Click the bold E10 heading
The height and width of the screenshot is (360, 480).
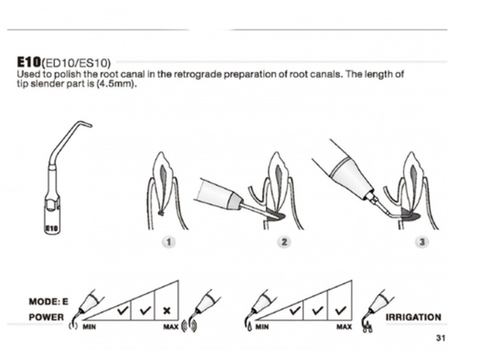29,62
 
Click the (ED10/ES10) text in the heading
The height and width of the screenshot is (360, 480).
76,63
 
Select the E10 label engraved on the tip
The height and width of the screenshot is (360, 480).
51,228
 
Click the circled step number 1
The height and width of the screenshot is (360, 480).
169,242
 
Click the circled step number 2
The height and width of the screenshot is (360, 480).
284,242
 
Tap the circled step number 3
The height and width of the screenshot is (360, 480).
422,242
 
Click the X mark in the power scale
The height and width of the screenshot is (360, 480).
167,311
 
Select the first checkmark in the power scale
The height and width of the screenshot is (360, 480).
123,311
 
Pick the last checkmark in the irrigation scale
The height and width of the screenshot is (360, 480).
340,311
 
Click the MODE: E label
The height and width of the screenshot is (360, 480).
49,302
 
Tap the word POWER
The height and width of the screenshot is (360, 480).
46,317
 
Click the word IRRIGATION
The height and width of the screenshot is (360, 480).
413,317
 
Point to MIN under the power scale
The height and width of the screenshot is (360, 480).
89,327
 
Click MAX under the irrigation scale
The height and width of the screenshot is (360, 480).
344,327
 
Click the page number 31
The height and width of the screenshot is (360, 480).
440,338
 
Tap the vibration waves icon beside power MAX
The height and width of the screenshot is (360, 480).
189,326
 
